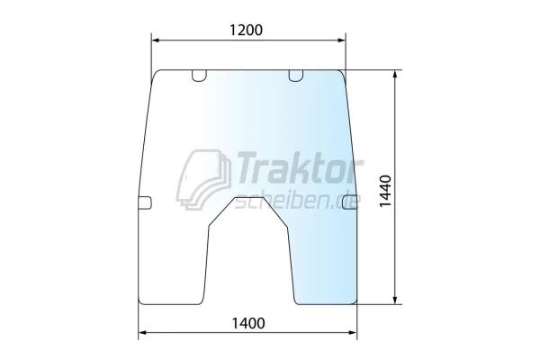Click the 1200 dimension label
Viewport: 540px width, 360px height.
(x=246, y=30)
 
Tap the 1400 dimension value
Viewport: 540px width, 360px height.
(x=248, y=323)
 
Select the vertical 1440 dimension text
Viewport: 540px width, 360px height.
(x=386, y=191)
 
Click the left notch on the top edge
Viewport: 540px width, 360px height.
(x=199, y=76)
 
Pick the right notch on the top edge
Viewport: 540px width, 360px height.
(x=295, y=76)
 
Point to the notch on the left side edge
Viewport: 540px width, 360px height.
(x=145, y=202)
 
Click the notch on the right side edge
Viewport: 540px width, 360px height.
(x=350, y=202)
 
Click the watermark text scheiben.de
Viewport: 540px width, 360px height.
(x=297, y=201)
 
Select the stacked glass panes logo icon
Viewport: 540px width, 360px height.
(x=203, y=179)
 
